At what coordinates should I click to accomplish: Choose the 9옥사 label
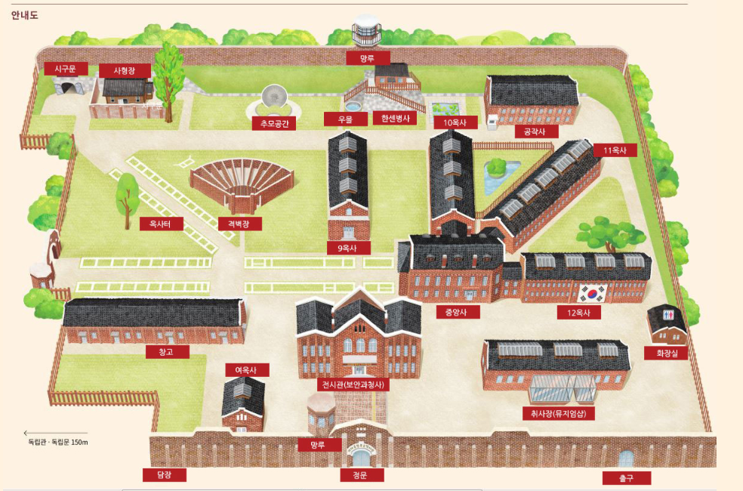point(348,247)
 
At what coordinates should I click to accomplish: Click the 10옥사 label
point(455,122)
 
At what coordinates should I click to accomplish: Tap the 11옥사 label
point(615,150)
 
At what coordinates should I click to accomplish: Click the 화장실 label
point(666,353)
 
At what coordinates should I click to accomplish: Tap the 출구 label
point(626,477)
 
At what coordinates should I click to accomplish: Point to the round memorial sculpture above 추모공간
point(273,98)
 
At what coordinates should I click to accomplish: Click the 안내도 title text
point(25,14)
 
